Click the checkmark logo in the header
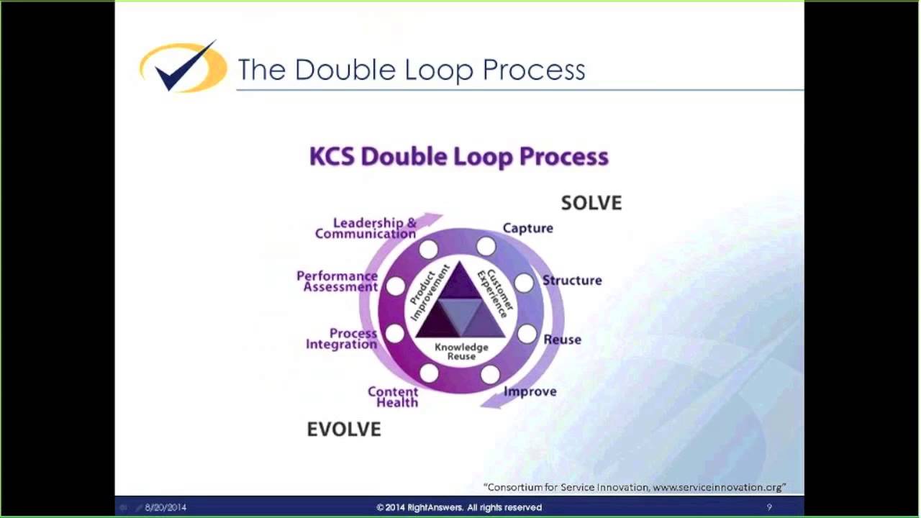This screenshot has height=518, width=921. [x=183, y=68]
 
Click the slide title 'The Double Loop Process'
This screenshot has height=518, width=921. [x=411, y=70]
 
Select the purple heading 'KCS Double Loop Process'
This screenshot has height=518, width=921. [x=458, y=157]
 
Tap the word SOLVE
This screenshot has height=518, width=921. [x=591, y=203]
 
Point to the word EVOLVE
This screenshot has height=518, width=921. [x=343, y=430]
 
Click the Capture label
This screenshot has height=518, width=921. [x=527, y=228]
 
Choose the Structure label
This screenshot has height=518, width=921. [x=572, y=281]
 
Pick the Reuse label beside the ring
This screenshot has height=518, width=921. [x=562, y=340]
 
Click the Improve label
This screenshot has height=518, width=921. [x=530, y=391]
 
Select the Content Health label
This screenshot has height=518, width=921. [x=393, y=397]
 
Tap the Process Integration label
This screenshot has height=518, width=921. [x=342, y=339]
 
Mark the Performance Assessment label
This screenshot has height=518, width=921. [x=337, y=281]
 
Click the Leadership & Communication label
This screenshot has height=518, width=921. [x=366, y=228]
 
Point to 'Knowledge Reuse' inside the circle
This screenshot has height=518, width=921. [x=461, y=352]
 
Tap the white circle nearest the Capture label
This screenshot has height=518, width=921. [x=486, y=247]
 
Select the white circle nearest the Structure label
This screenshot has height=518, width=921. [x=524, y=283]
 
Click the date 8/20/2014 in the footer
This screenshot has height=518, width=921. [x=165, y=507]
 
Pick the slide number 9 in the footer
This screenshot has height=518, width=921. [x=769, y=507]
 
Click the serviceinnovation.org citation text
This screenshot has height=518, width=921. [x=635, y=487]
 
